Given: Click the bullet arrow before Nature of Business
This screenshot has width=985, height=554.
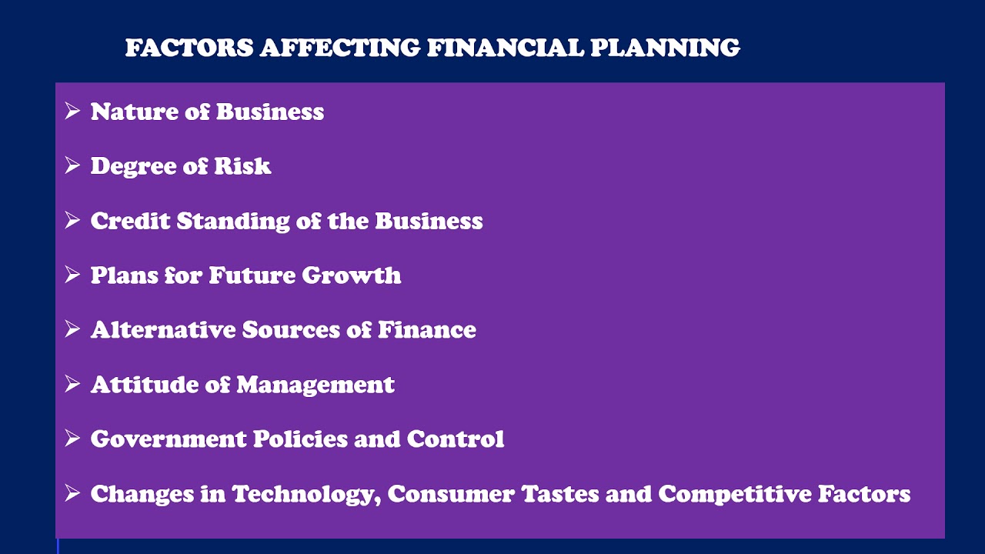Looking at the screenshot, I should [72, 111].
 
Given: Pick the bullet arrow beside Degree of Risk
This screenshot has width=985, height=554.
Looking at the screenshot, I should [72, 165].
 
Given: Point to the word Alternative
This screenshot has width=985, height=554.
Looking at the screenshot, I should [162, 330].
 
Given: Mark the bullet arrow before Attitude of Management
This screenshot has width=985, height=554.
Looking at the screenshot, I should [72, 383].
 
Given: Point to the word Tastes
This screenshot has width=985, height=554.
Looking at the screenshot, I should [560, 494].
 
